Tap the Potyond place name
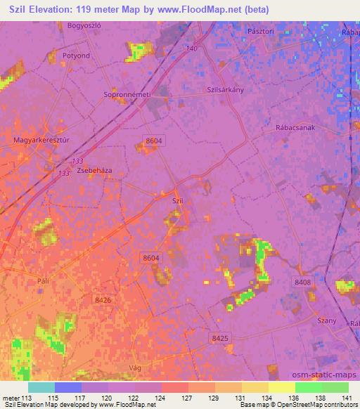[77, 55]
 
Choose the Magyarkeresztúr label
[39, 141]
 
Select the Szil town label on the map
[178, 200]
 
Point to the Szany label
[327, 321]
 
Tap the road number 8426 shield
[103, 299]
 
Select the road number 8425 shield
[220, 338]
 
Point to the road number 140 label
[193, 48]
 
